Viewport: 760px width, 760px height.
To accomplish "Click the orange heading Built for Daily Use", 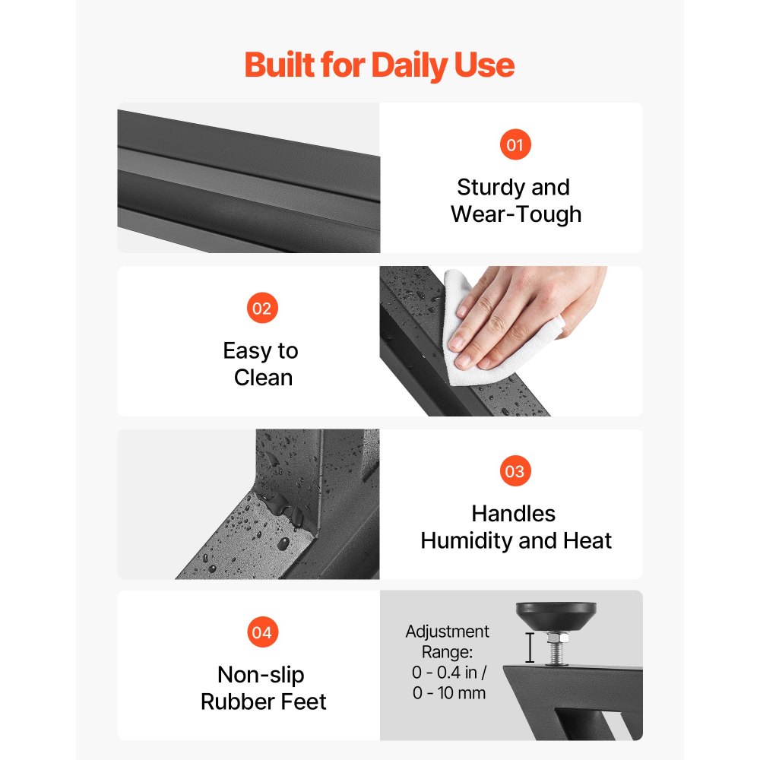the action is click(x=379, y=65).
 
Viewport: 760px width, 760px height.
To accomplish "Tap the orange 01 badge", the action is click(x=515, y=144).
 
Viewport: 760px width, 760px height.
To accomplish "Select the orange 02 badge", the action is click(x=262, y=308).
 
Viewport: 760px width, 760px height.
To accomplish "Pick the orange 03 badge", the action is click(x=515, y=471).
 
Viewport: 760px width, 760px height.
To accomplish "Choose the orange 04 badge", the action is click(x=262, y=632).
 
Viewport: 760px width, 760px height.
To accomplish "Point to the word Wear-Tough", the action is click(x=516, y=214).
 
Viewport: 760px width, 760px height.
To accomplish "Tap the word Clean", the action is click(x=263, y=378).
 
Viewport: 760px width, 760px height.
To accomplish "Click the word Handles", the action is click(x=513, y=514).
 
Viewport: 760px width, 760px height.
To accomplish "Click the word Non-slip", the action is click(x=261, y=675).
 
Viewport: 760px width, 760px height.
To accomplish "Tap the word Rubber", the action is click(x=232, y=701).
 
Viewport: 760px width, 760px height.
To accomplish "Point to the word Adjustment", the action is click(x=448, y=632).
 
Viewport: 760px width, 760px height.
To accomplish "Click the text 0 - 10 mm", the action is click(x=449, y=693).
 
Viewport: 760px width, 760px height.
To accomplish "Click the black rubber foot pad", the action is click(x=556, y=616).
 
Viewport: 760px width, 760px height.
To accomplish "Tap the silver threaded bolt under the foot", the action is click(x=557, y=648).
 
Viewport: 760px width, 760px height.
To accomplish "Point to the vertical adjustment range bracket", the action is click(x=530, y=648).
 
